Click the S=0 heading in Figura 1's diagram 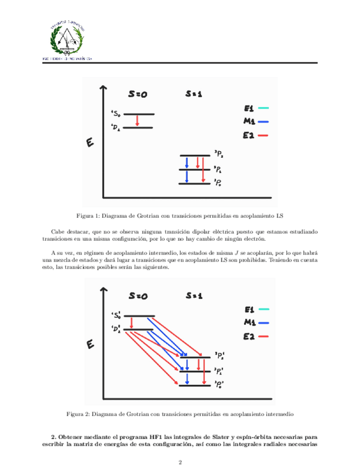click(x=137, y=94)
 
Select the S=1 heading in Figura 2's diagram click(x=194, y=296)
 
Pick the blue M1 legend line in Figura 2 click(x=263, y=323)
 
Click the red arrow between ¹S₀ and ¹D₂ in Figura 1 click(x=137, y=121)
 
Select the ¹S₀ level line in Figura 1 click(x=139, y=114)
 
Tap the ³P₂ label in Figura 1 click(x=219, y=156)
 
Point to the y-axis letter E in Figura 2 click(x=90, y=346)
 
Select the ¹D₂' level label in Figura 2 click(x=117, y=329)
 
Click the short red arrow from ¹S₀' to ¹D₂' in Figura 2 click(x=132, y=323)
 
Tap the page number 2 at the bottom click(x=180, y=461)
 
